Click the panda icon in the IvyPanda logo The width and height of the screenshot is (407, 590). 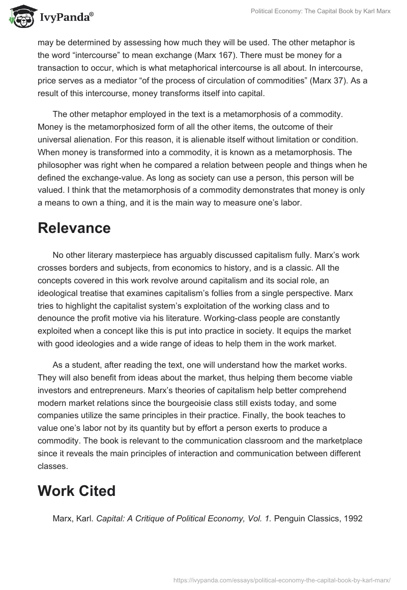point(21,17)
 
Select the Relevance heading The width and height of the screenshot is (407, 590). point(74,228)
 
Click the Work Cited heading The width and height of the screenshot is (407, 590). point(76,491)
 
